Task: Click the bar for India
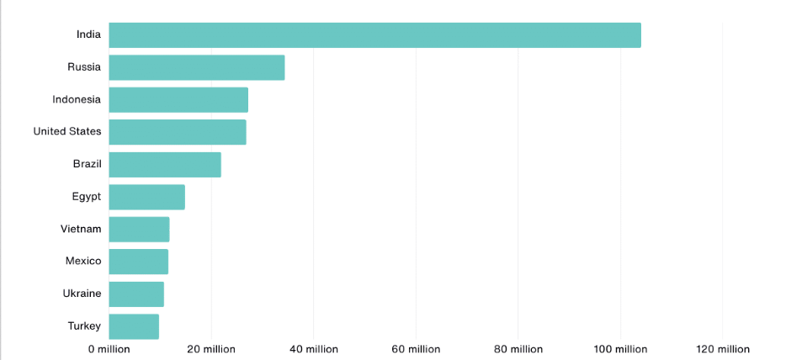click(374, 35)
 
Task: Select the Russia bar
click(197, 67)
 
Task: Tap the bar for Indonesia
click(178, 100)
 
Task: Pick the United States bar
click(178, 132)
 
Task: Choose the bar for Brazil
click(165, 165)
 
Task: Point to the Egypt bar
click(146, 197)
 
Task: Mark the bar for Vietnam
click(139, 230)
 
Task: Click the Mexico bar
click(138, 262)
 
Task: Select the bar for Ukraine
click(136, 294)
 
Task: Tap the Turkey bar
click(134, 326)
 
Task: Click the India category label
click(88, 34)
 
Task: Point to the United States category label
click(67, 131)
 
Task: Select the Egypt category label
click(86, 197)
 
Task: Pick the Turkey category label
click(84, 326)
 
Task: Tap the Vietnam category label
click(81, 229)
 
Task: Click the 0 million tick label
click(109, 349)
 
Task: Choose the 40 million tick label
click(313, 349)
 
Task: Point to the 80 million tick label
click(518, 349)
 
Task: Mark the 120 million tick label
click(722, 349)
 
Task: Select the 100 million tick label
click(620, 349)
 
